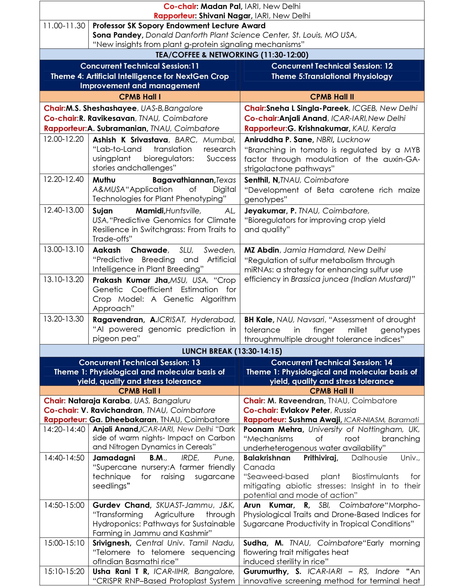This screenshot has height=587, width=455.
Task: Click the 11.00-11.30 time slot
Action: (64, 26)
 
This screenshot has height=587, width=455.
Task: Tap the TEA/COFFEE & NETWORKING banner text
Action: (232, 55)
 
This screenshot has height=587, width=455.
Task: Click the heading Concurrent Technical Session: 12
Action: (332, 66)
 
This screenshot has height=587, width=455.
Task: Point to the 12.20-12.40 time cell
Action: (64, 179)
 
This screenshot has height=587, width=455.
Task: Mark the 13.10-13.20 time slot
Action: (64, 279)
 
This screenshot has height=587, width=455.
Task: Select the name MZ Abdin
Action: (261, 250)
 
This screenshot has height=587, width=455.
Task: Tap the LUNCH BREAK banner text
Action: (232, 351)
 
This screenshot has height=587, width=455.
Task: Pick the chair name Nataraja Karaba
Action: (99, 401)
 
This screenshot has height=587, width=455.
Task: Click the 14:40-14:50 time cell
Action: (64, 457)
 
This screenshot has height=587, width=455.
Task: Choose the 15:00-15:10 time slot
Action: (64, 543)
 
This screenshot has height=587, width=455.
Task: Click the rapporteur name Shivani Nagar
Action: (226, 16)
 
